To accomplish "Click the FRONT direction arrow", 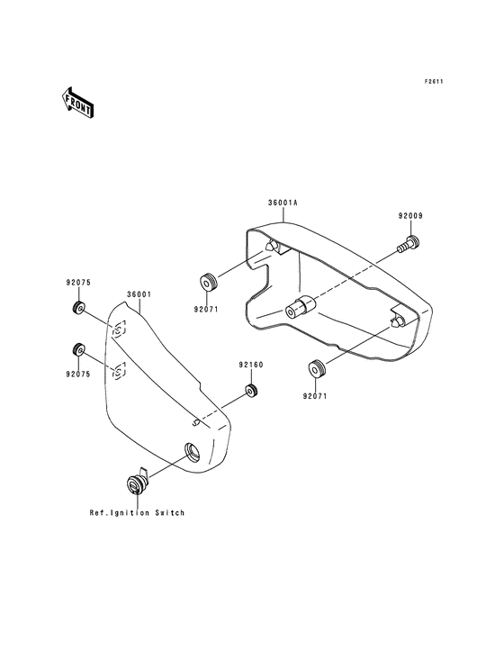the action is [x=76, y=103].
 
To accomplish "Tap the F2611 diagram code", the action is [x=434, y=82].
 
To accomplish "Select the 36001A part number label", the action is [x=283, y=203].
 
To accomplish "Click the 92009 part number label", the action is [x=410, y=215].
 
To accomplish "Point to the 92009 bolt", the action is [x=409, y=244].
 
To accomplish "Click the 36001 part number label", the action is [x=139, y=294].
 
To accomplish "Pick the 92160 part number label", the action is [x=251, y=365].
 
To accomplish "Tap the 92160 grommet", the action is [x=251, y=391].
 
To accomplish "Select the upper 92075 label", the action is [x=78, y=283].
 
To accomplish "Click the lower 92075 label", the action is [x=78, y=374].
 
